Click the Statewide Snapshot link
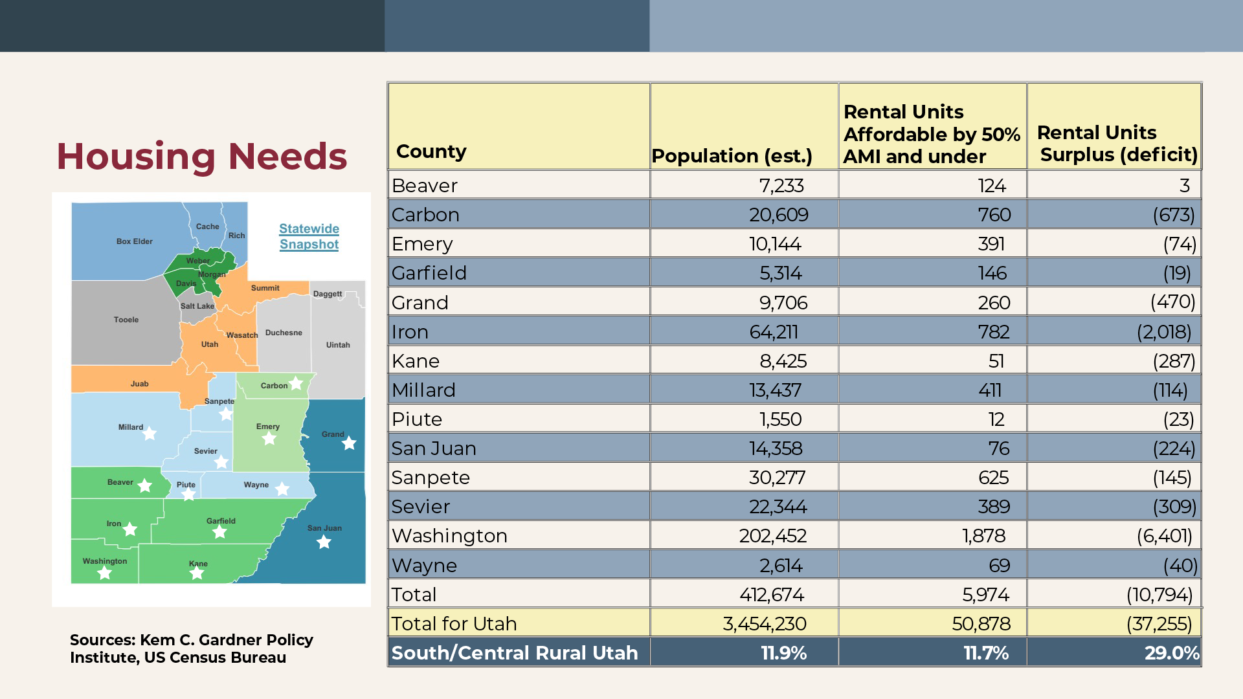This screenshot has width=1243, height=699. (x=309, y=237)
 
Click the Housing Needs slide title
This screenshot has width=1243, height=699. (x=201, y=157)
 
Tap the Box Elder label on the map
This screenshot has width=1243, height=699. (x=134, y=241)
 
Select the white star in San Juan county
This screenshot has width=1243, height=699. (x=324, y=542)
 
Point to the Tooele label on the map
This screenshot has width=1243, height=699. (x=126, y=320)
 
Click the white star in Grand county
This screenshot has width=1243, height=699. (x=350, y=443)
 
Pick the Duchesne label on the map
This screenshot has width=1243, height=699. (x=284, y=333)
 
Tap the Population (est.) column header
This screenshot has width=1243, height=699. (x=732, y=156)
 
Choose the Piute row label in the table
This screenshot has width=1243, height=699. (x=417, y=419)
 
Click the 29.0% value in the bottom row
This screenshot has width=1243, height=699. (x=1172, y=653)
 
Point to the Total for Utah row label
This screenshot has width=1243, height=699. (x=454, y=624)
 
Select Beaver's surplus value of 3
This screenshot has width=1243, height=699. (x=1184, y=186)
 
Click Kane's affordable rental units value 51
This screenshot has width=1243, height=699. (x=996, y=361)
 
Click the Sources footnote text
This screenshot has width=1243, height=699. (x=192, y=649)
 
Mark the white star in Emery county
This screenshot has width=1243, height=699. (x=269, y=438)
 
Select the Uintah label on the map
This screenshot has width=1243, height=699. (x=338, y=345)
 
